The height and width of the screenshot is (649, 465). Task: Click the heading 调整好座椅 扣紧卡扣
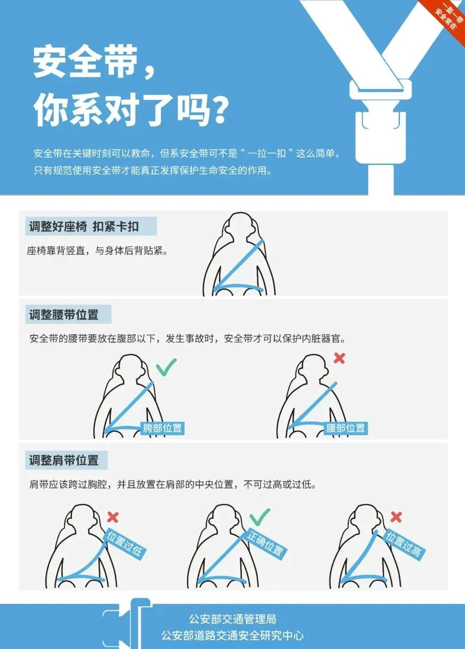[84, 227]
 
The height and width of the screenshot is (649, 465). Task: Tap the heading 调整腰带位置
[64, 315]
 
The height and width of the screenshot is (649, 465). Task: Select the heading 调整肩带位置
[64, 460]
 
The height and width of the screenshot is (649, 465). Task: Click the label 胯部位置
[162, 428]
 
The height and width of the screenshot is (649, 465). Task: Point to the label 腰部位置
[345, 428]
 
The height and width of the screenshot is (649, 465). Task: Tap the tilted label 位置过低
[125, 543]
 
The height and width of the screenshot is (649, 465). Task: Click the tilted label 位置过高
[404, 543]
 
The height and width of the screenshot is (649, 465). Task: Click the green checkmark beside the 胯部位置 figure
[166, 366]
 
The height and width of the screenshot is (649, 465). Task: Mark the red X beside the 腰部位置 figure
[339, 358]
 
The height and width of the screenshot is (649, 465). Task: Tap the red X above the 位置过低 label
[113, 517]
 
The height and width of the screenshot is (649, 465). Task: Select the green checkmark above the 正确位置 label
[260, 516]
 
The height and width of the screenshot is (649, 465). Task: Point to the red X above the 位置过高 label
[396, 517]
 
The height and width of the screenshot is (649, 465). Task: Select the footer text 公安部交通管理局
[232, 619]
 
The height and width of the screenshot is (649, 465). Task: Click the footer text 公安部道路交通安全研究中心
[232, 636]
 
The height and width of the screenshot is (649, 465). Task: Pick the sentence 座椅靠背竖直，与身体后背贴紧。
[97, 251]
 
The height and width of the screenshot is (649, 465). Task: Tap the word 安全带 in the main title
[85, 62]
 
